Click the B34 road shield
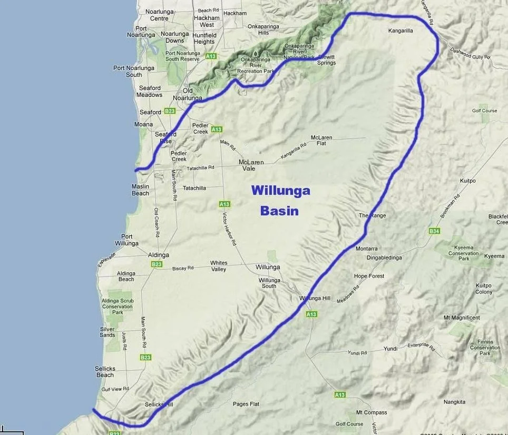434,231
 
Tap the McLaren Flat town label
321,141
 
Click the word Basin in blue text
279,211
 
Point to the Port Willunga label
126,240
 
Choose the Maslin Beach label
140,190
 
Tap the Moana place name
143,125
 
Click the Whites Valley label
219,266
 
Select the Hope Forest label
369,276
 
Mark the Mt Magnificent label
462,318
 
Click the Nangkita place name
454,402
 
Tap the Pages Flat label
246,404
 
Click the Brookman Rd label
450,206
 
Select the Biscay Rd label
183,268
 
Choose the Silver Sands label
107,332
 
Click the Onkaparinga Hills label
263,29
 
